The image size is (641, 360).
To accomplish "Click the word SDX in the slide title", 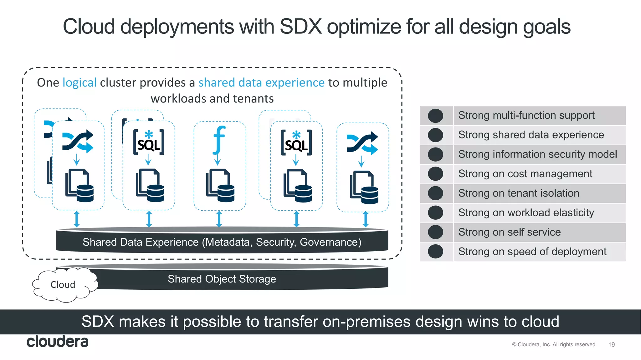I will click(x=300, y=27).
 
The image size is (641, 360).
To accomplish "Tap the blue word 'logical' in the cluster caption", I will click(x=79, y=83).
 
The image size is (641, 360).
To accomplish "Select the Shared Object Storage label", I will click(x=222, y=279).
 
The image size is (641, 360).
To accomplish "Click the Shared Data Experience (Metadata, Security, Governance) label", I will click(x=222, y=242).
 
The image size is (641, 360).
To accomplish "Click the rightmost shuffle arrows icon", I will click(x=362, y=143).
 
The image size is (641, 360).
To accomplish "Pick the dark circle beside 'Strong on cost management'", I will click(x=435, y=174).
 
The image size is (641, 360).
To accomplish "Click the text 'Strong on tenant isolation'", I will click(x=519, y=193).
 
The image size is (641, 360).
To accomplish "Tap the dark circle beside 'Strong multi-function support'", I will click(x=435, y=116).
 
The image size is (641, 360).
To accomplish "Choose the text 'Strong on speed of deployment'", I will click(x=532, y=252).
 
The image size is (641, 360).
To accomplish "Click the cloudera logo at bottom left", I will click(x=58, y=342).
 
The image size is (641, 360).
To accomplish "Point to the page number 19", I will click(x=611, y=345).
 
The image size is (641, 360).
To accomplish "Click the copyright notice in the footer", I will click(x=554, y=345).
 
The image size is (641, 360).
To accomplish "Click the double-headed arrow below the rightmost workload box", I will click(x=365, y=219).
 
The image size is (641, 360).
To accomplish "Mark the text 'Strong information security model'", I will click(x=537, y=154).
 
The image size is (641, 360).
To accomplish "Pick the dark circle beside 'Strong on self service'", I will click(x=435, y=232).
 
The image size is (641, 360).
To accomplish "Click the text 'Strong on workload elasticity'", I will click(x=526, y=213).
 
